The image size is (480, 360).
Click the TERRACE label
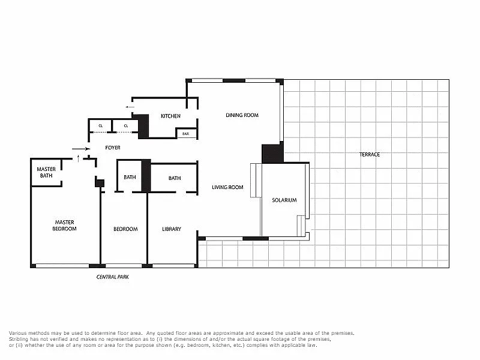click(370, 155)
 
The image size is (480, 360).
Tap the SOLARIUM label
click(284, 200)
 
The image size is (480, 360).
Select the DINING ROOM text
click(242, 115)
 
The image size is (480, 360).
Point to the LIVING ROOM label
click(227, 187)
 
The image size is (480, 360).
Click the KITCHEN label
click(170, 116)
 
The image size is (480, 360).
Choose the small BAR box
click(186, 133)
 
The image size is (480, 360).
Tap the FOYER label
click(113, 148)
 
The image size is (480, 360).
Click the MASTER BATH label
click(46, 172)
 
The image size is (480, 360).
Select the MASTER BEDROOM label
click(64, 226)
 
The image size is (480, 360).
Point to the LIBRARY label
click(172, 229)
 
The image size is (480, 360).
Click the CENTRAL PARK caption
click(113, 277)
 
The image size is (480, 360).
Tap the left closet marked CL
click(100, 126)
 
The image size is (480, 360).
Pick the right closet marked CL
click(126, 126)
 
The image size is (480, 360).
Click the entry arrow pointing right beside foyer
click(81, 149)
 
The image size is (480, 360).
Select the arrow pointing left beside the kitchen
click(130, 107)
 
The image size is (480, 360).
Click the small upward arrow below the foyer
click(79, 158)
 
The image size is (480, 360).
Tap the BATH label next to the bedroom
click(130, 177)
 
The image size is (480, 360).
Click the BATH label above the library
click(175, 178)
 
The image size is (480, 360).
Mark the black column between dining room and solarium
click(272, 153)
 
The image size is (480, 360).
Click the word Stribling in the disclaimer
click(19, 339)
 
